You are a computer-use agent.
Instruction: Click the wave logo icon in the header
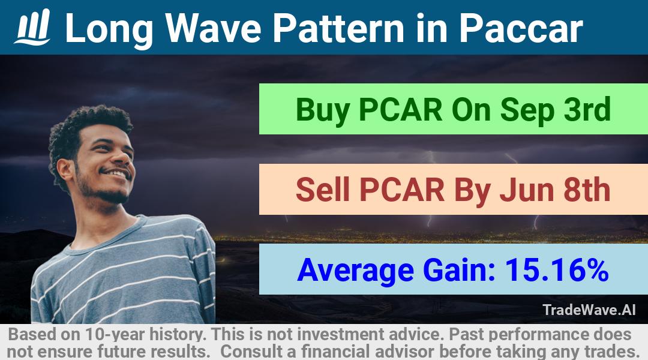[x=32, y=27]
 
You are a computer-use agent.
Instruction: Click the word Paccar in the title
[x=521, y=28]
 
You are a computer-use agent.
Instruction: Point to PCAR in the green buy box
[x=400, y=110]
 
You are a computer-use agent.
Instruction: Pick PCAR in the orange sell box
[x=401, y=190]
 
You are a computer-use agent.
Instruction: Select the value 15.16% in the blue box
[x=557, y=270]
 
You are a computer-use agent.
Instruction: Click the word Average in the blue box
[x=355, y=271]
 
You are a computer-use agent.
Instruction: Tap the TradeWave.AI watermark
[x=589, y=310]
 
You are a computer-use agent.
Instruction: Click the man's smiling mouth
[x=117, y=173]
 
